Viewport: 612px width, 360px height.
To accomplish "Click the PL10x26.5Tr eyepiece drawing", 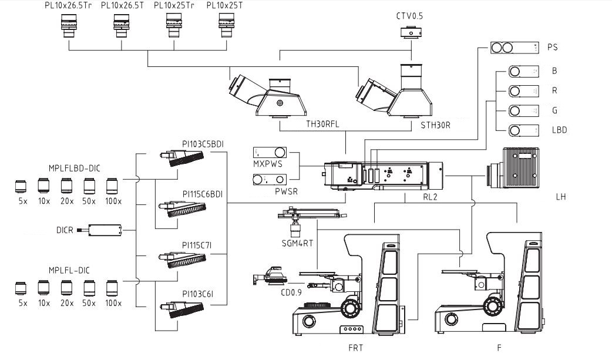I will click(x=69, y=26).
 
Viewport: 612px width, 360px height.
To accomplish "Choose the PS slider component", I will click(x=515, y=47).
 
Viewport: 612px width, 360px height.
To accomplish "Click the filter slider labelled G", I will click(x=523, y=110).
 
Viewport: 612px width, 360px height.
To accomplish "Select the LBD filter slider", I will click(x=523, y=130).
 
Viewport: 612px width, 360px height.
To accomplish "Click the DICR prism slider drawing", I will click(x=104, y=230).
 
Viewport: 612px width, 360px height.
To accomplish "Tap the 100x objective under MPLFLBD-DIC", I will click(x=112, y=187).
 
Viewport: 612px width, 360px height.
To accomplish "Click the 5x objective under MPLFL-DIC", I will click(x=22, y=288).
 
